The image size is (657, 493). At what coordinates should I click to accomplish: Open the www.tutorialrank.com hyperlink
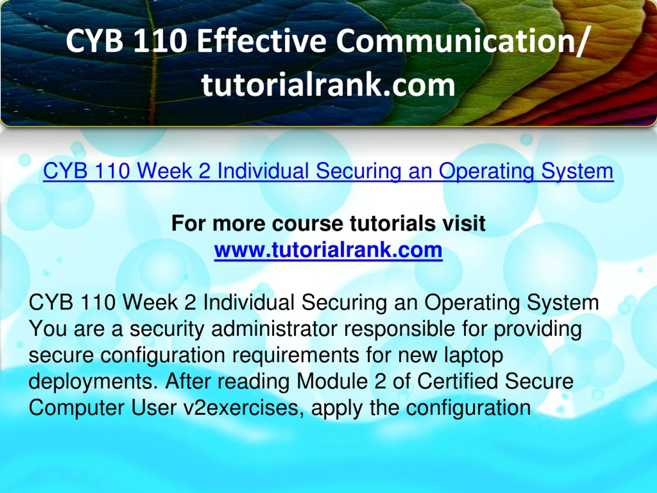tap(328, 250)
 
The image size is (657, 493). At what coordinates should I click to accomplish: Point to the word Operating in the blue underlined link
tap(486, 171)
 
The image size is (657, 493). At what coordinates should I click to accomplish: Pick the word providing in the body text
tap(537, 329)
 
